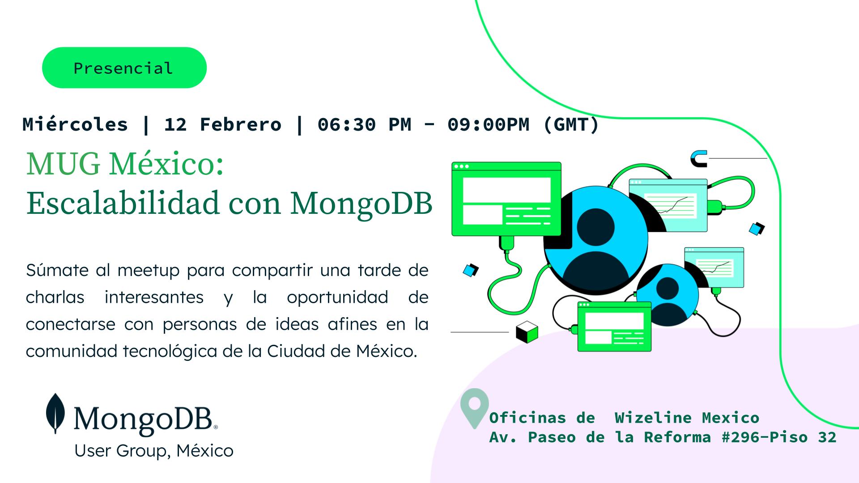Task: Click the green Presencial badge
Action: tap(124, 68)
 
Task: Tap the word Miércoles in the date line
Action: tap(75, 124)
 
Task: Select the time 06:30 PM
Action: tap(364, 124)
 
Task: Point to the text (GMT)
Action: tap(570, 124)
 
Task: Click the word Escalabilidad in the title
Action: tap(123, 203)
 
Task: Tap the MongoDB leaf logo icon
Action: tap(55, 414)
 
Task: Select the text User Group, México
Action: tap(154, 450)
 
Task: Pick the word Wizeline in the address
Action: tap(653, 418)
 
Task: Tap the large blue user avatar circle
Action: tap(596, 238)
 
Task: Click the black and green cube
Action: tap(527, 331)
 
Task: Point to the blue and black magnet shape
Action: tap(698, 158)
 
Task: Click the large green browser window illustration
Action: tap(506, 199)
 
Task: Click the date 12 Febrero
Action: tap(223, 124)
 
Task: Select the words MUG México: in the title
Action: tap(125, 164)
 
